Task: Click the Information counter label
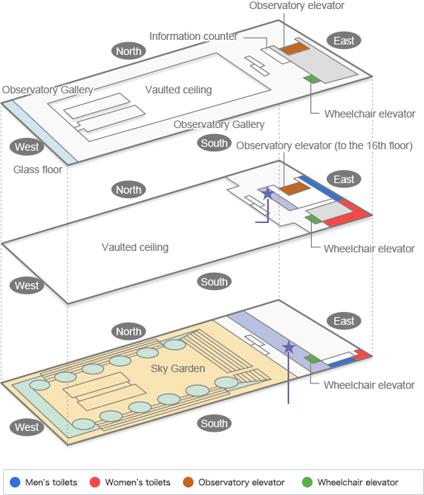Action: (194, 36)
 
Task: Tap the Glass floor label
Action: (38, 170)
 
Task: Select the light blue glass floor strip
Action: (39, 133)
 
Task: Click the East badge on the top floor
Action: (343, 41)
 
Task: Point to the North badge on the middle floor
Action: (129, 190)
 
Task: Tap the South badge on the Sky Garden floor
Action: (214, 423)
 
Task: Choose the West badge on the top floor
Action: (27, 147)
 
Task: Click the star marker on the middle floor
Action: (267, 193)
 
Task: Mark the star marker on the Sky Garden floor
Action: (288, 347)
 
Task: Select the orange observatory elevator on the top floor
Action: (294, 48)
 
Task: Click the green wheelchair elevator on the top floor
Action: (312, 79)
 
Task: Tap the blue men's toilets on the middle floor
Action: (320, 188)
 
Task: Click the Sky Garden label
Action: (178, 368)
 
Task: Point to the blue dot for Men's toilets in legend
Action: (15, 482)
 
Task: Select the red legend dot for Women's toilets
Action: (95, 482)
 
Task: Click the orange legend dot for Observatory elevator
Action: (188, 482)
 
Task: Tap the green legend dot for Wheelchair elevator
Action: (307, 482)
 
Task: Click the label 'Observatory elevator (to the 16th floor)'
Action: (325, 145)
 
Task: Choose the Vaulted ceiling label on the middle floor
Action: (135, 247)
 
